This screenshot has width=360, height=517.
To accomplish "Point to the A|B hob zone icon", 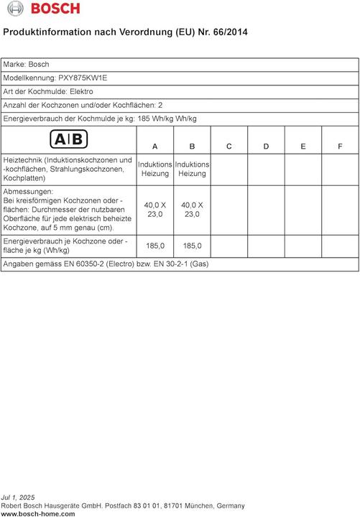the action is click(x=68, y=139).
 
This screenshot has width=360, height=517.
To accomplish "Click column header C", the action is click(x=229, y=146).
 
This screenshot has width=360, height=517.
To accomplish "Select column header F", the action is click(x=340, y=146).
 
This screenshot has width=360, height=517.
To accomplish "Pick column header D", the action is click(x=266, y=146).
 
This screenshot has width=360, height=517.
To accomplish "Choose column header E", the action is click(x=303, y=146).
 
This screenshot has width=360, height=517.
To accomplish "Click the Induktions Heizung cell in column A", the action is click(x=155, y=169).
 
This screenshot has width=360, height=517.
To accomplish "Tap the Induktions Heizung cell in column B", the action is click(x=192, y=169).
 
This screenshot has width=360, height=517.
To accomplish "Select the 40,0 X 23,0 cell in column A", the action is click(x=155, y=209).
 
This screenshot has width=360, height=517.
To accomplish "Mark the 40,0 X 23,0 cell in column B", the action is click(x=192, y=209).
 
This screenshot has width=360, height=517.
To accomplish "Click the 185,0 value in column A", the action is click(x=155, y=246).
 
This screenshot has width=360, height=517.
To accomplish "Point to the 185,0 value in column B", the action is click(x=192, y=246).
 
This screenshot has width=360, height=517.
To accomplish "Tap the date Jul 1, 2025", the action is click(x=18, y=497).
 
